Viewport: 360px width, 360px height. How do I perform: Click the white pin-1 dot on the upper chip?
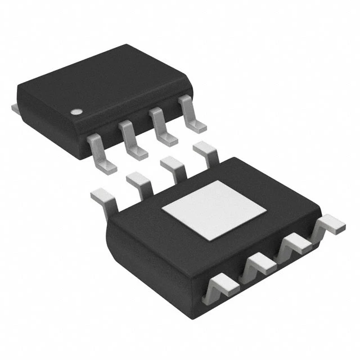click(75, 111)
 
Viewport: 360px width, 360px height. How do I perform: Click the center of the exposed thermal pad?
click(214, 209)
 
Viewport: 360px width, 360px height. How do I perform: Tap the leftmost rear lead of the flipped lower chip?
click(103, 196)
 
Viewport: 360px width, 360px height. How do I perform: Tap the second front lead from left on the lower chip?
click(257, 265)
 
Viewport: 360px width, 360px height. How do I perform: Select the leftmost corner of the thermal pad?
click(163, 211)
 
